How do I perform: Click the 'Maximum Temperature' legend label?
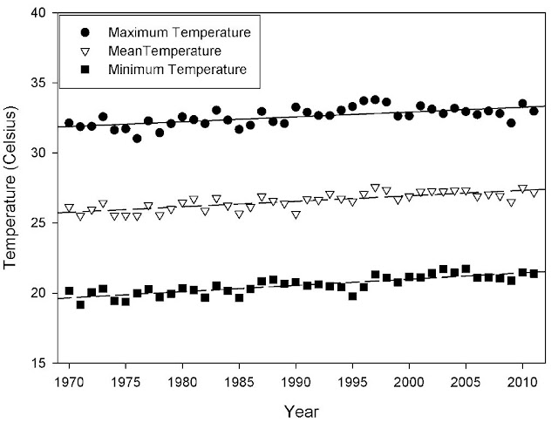click(180, 32)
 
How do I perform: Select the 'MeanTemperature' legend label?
click(165, 50)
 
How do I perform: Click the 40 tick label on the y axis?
click(39, 14)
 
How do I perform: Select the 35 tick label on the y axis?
click(39, 84)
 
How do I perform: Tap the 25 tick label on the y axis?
click(39, 223)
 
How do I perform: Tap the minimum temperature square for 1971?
click(80, 304)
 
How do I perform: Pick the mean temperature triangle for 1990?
click(296, 214)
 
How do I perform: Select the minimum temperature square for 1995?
click(352, 296)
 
